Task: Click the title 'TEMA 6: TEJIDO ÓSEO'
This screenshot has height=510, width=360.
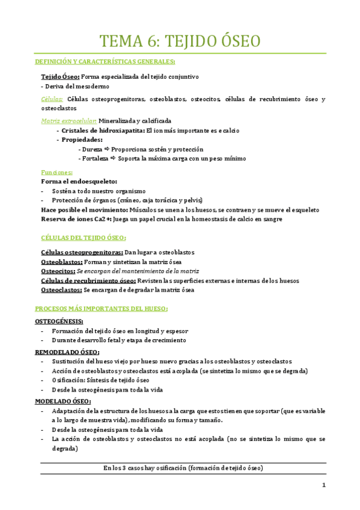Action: coord(180,41)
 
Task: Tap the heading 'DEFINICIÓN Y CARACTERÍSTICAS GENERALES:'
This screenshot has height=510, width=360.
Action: coord(105,62)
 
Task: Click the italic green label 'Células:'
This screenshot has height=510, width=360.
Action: coord(51,99)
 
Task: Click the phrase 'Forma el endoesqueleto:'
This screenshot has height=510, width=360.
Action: coord(79,181)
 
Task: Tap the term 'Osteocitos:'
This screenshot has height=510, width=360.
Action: coord(59,271)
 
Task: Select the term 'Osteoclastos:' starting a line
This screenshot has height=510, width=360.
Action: coord(61,290)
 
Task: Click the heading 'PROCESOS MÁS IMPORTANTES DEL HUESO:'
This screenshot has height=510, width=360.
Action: coord(102,309)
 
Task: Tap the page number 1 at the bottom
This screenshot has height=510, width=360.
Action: coord(323,485)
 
